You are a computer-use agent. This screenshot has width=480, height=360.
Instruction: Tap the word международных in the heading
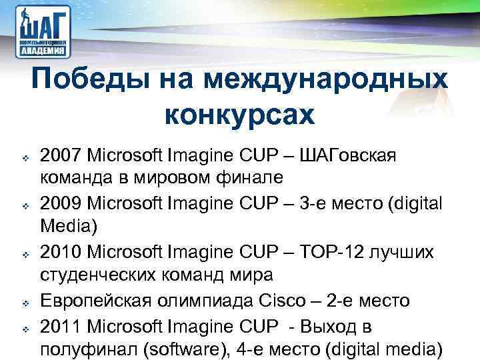pyautogui.click(x=325, y=81)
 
